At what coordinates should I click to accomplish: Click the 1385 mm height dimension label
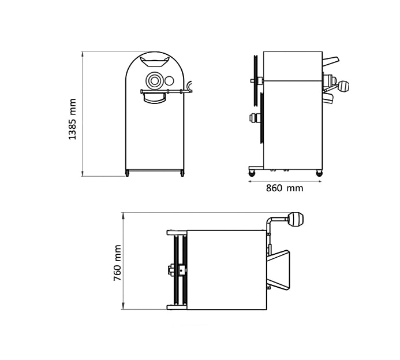73,119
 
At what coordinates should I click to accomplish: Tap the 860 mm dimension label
285,188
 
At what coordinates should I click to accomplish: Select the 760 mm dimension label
117,263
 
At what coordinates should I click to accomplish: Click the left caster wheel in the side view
252,173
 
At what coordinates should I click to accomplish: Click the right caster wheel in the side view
319,173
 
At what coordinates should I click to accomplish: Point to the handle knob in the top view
296,220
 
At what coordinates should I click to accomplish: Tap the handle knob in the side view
343,86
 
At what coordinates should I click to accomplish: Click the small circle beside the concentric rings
169,81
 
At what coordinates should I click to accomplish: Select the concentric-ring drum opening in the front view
154,81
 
